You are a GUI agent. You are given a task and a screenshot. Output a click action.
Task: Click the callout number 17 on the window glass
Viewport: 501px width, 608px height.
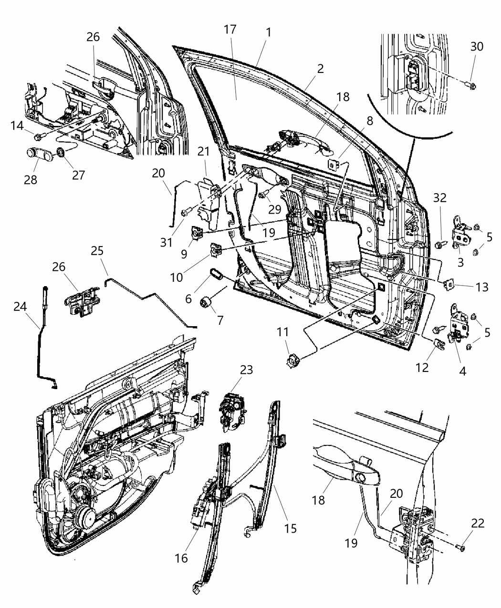(230, 30)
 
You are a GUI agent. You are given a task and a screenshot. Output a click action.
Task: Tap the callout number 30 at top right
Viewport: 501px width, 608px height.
(477, 46)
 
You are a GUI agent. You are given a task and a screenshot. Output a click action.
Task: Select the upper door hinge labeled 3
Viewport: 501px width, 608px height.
(460, 235)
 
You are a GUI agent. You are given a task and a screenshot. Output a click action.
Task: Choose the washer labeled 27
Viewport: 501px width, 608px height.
(61, 153)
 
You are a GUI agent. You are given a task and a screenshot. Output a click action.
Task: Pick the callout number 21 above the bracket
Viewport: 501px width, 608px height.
(204, 152)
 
